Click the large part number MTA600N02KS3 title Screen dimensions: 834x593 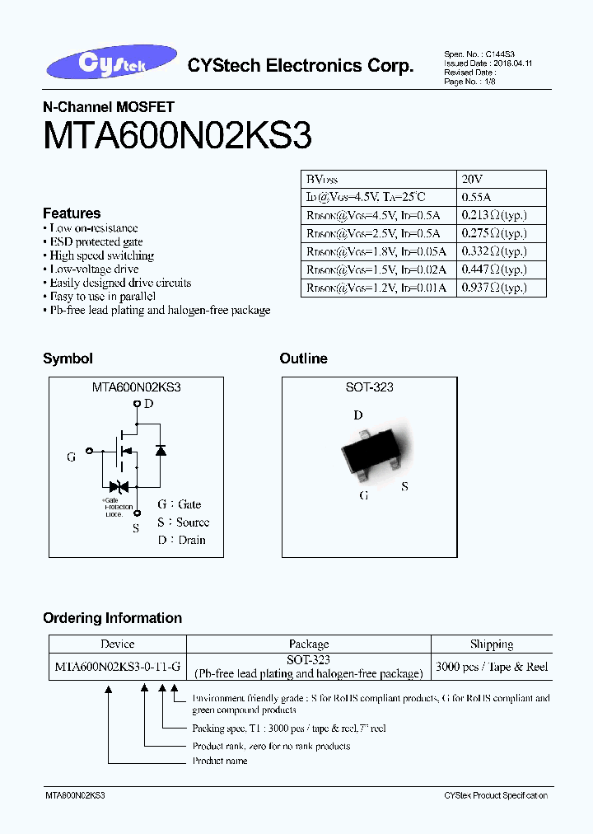coord(177,136)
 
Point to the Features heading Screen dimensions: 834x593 coord(72,213)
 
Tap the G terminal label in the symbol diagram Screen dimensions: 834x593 coord(72,457)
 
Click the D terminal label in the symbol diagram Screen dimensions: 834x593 coord(148,404)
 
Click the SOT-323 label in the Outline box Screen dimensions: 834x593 coord(369,387)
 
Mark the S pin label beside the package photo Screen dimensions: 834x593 coord(404,486)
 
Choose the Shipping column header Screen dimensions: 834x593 coord(492,644)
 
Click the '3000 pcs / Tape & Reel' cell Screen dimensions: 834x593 coord(492,666)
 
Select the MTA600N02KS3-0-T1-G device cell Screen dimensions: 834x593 coord(118,666)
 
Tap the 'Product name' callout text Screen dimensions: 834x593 coord(220,761)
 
